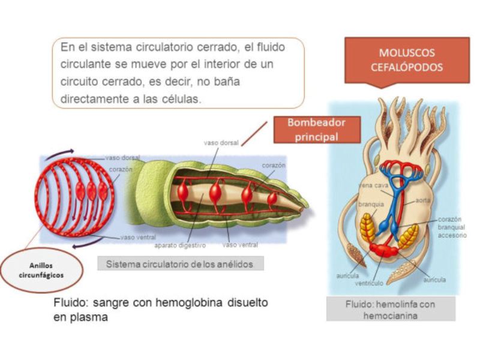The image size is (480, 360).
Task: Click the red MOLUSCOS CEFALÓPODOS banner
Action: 406,60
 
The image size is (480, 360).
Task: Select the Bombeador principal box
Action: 317,130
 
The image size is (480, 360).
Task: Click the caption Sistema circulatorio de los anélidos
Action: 180,263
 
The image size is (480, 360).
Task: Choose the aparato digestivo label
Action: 180,246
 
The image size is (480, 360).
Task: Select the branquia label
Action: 371,204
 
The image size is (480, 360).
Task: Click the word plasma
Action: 89,317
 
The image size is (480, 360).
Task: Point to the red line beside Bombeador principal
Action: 254,133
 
